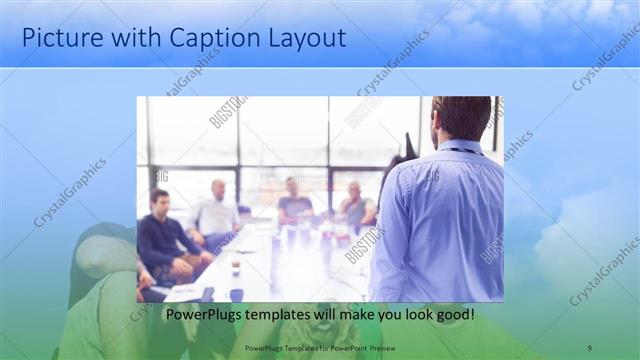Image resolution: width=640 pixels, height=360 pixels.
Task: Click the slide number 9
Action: [x=589, y=347]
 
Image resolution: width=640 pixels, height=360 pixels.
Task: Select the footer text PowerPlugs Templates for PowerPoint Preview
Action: [x=320, y=347]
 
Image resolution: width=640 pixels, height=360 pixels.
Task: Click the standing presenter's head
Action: [x=462, y=118]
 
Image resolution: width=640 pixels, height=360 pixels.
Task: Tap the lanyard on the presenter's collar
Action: [x=461, y=151]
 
